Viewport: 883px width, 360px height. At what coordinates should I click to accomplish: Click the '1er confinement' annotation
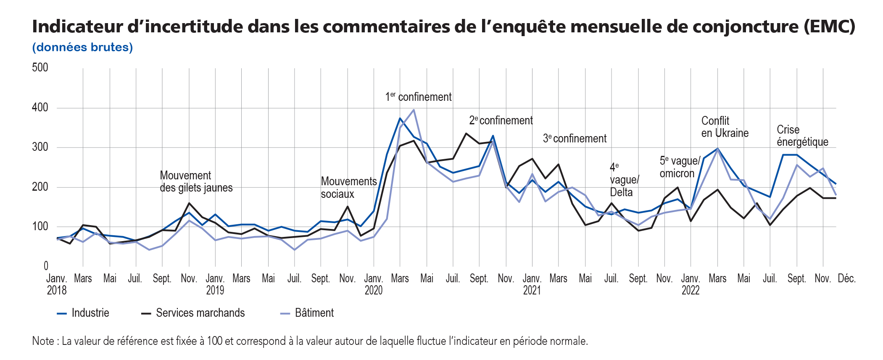pyautogui.click(x=418, y=97)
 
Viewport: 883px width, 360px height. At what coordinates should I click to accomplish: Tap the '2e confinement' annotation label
pyautogui.click(x=501, y=121)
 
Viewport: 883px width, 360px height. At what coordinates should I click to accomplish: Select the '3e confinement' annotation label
pyautogui.click(x=575, y=139)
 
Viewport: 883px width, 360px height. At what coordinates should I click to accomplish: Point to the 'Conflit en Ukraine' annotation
pyautogui.click(x=725, y=127)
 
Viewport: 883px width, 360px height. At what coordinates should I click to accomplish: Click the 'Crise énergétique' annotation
pyautogui.click(x=802, y=136)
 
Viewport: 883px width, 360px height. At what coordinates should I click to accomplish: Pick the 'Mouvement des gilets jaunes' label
pyautogui.click(x=196, y=181)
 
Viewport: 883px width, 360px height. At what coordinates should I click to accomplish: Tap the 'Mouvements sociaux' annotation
pyautogui.click(x=348, y=187)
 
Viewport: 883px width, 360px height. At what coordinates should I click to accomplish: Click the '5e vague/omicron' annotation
pyautogui.click(x=680, y=167)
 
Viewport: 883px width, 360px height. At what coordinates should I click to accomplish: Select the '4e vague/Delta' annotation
pyautogui.click(x=624, y=180)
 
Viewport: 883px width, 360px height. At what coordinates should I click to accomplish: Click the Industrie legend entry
pyautogui.click(x=83, y=313)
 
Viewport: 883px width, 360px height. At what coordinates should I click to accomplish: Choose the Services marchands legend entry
pyautogui.click(x=193, y=313)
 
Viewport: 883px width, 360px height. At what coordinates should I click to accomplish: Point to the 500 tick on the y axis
pyautogui.click(x=40, y=67)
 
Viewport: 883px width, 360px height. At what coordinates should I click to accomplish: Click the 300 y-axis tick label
pyautogui.click(x=40, y=147)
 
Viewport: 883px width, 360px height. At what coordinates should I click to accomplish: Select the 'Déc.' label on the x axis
pyautogui.click(x=846, y=279)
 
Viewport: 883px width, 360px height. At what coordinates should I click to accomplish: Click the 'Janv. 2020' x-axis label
pyautogui.click(x=373, y=284)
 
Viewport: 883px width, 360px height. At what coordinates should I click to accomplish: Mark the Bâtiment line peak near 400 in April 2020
pyautogui.click(x=414, y=110)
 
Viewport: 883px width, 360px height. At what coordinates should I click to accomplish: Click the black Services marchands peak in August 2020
pyautogui.click(x=466, y=134)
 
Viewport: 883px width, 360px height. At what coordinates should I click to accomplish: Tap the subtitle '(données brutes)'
pyautogui.click(x=82, y=47)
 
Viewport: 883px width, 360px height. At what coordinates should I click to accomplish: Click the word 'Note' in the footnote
pyautogui.click(x=42, y=341)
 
